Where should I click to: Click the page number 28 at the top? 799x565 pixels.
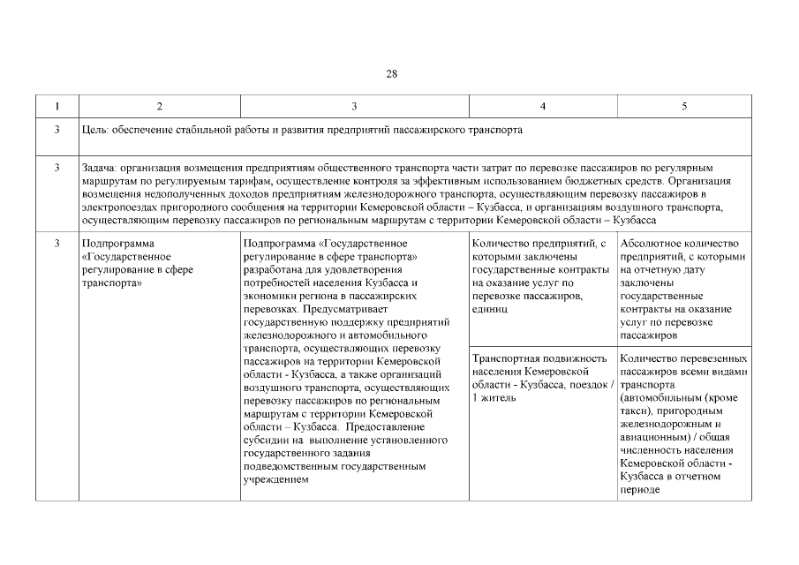click(391, 74)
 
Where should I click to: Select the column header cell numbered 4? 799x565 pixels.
click(542, 107)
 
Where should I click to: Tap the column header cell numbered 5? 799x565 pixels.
click(684, 107)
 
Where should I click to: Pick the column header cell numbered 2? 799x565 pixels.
click(159, 107)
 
